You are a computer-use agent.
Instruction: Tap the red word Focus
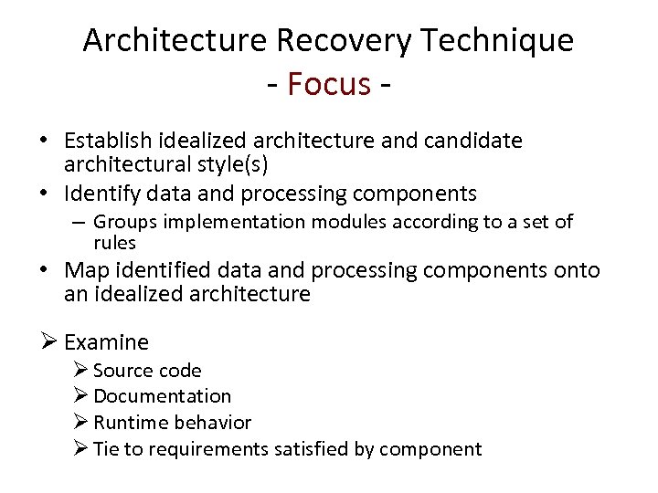point(329,84)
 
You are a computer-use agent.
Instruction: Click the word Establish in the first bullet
point(110,141)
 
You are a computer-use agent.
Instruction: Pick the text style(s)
point(235,165)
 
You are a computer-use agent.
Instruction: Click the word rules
point(114,243)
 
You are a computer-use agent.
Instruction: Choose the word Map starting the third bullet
point(86,270)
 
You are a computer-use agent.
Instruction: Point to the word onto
point(578,270)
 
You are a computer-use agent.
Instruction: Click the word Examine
point(107,342)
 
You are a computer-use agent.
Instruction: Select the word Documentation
point(163,396)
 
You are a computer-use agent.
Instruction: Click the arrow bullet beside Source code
point(80,370)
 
